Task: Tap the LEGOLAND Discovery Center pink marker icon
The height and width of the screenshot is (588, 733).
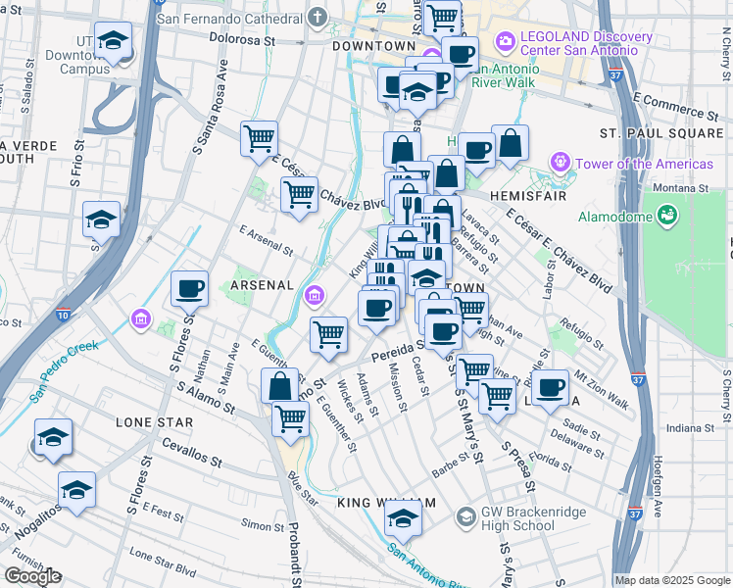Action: coord(506,40)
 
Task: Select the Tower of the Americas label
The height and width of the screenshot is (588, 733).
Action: coord(645,164)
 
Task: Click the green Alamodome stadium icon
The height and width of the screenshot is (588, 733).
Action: coord(667,213)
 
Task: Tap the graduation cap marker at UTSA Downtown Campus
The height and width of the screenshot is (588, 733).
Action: coord(115,42)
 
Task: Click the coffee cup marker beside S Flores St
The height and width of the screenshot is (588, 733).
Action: coord(189,289)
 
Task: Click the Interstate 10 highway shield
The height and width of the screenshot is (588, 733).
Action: coord(64,315)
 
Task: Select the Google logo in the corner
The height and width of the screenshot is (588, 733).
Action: coord(32,576)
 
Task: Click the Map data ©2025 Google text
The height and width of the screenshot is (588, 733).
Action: coord(672,580)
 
